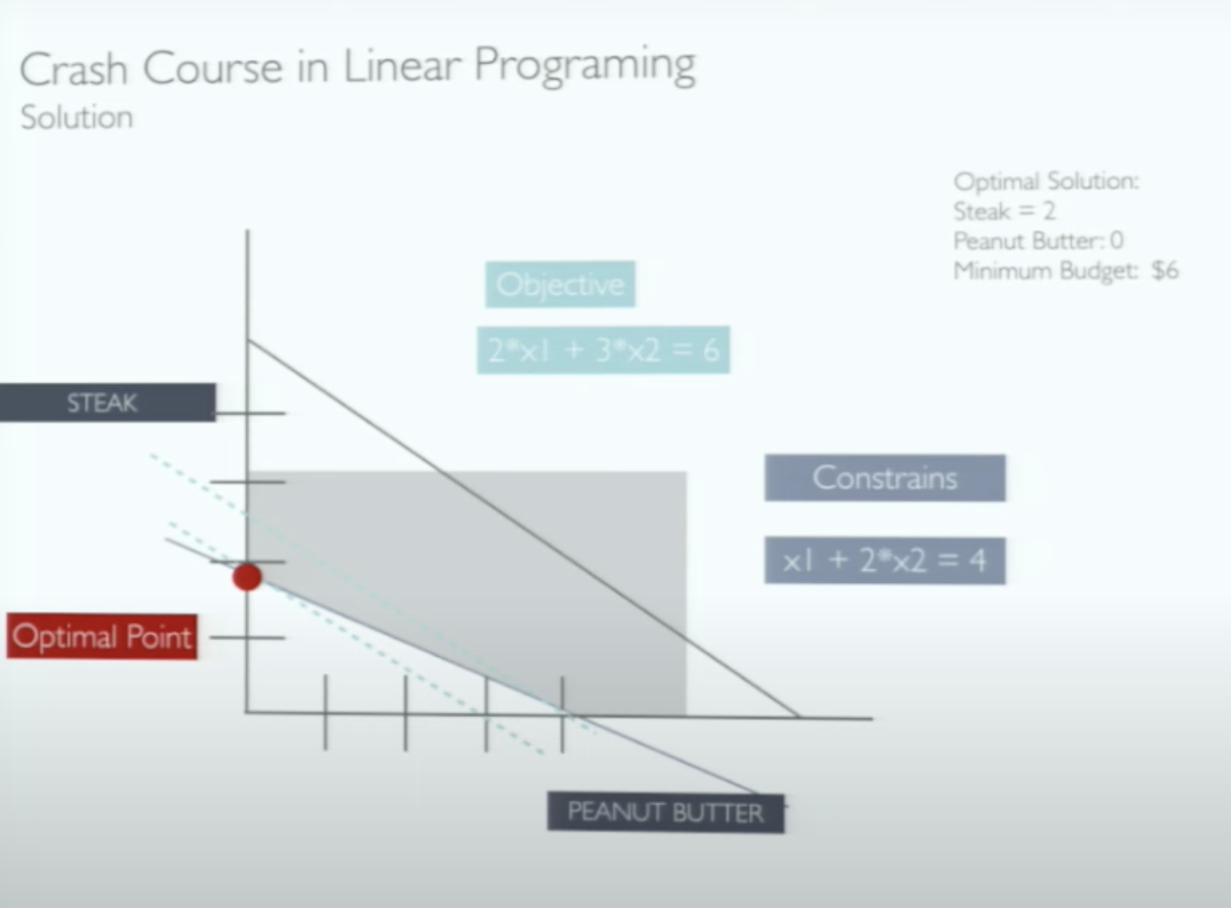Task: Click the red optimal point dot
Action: click(247, 577)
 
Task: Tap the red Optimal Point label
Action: click(102, 636)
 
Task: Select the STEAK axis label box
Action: click(107, 403)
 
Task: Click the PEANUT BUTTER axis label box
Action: click(665, 812)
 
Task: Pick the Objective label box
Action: click(560, 284)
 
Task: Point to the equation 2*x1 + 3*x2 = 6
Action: click(603, 350)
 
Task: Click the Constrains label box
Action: click(885, 478)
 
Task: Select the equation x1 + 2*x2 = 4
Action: click(885, 561)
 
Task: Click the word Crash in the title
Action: click(73, 69)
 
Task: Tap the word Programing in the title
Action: click(584, 66)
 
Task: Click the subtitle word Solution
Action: click(77, 118)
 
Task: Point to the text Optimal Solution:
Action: click(1046, 181)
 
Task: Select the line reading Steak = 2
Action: click(1004, 211)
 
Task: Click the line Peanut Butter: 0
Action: click(1038, 241)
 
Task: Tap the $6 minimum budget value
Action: click(1165, 271)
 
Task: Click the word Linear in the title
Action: click(402, 66)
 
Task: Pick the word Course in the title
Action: click(212, 68)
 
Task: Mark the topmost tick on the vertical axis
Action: click(250, 413)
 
